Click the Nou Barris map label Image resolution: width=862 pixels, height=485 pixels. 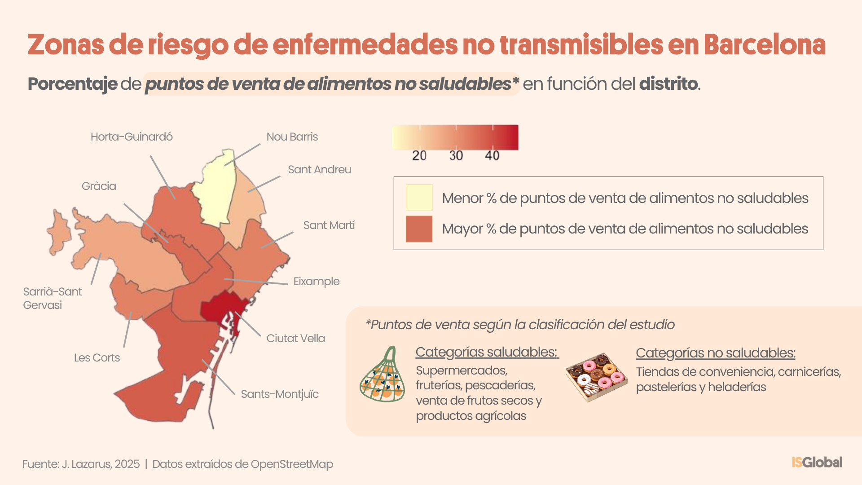pos(292,137)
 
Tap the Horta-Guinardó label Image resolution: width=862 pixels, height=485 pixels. pos(132,137)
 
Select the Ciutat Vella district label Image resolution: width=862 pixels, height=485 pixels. pos(295,338)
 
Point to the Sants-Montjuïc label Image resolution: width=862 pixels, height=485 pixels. pos(279,394)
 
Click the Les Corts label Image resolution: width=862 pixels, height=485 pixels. pos(97,357)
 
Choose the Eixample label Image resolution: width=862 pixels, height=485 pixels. pos(316,281)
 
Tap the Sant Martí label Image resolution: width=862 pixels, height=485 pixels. pos(329,225)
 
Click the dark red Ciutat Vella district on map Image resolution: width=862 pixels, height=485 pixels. pos(220,308)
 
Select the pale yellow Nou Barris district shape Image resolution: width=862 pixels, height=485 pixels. pos(215,189)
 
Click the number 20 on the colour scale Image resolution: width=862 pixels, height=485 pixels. pos(419,155)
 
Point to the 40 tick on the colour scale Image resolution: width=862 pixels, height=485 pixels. pos(492,155)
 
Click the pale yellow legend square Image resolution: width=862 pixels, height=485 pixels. pos(419,198)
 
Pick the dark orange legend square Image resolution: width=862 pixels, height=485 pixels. pos(419,229)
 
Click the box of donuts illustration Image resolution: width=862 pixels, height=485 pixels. pos(596,376)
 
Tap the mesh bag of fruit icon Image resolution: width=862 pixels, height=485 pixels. pos(383,376)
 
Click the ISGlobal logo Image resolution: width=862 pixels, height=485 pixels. pos(817,462)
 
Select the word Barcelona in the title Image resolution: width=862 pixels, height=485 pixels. pos(764,45)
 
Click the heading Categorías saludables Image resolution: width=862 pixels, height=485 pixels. pos(487,352)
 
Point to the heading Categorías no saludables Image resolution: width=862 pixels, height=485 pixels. pos(715,353)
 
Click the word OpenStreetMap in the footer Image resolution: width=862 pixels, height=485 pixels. pos(292,464)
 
